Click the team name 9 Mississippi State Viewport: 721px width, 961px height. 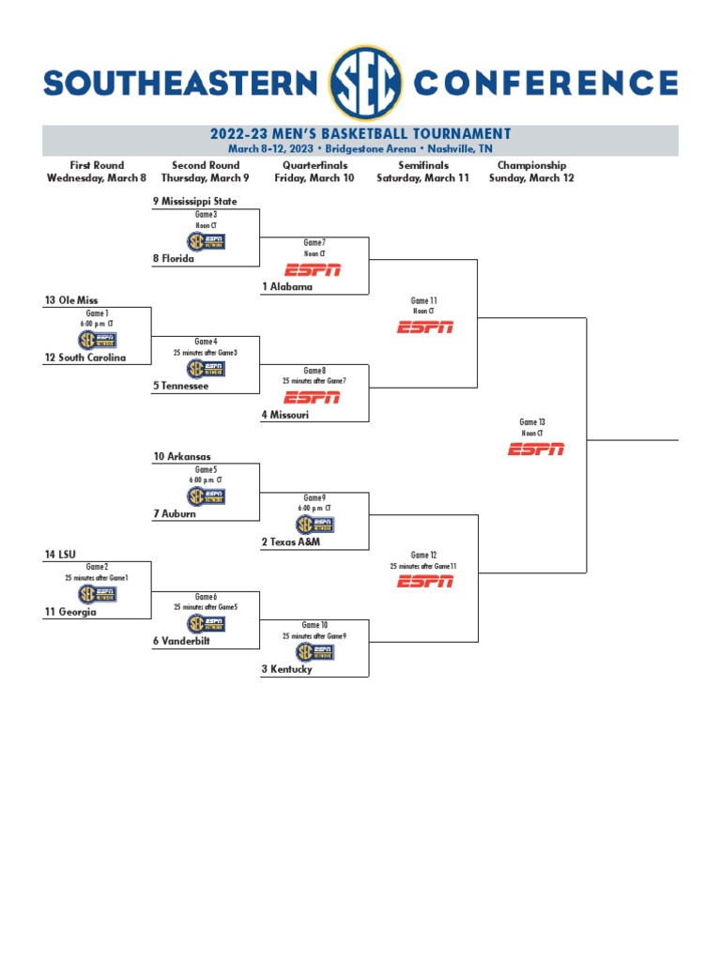click(x=195, y=202)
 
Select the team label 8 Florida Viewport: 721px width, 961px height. click(x=174, y=259)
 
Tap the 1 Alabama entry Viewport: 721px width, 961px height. click(x=287, y=287)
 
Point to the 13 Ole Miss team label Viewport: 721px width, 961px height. click(x=71, y=300)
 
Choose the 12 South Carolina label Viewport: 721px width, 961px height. click(x=84, y=358)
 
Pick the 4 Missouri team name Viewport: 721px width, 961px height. click(x=286, y=414)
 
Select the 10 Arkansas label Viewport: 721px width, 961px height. click(x=182, y=457)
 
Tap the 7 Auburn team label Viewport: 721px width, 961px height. click(x=175, y=514)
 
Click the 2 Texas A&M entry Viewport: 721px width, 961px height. click(x=291, y=542)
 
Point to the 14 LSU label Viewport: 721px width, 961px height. click(x=60, y=556)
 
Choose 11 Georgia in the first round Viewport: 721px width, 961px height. click(x=70, y=612)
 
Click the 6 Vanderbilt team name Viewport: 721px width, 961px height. click(x=181, y=641)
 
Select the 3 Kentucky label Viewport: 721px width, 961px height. click(x=287, y=670)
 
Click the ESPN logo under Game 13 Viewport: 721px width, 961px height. click(x=536, y=450)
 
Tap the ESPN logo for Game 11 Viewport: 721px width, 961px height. click(x=425, y=327)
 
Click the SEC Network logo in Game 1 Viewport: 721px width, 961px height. click(x=98, y=341)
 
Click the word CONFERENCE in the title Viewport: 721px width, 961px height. click(x=545, y=84)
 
